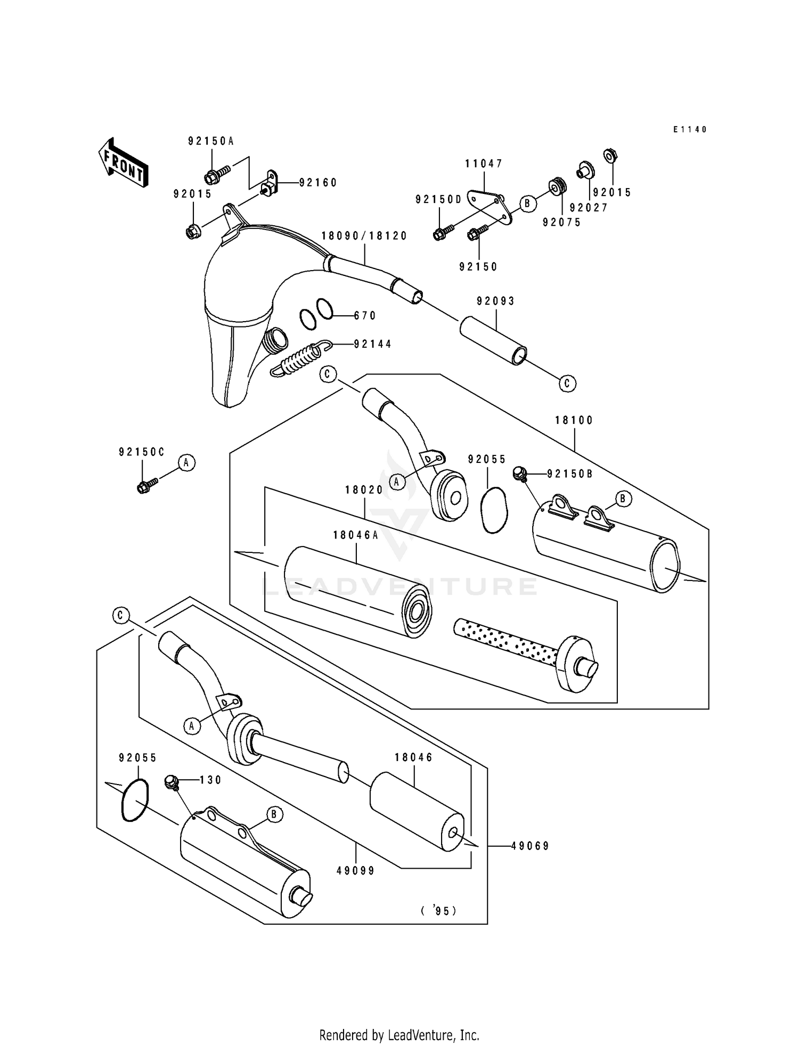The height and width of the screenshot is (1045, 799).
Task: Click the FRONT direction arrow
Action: point(122,164)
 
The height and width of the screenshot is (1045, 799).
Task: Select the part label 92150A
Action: point(211,141)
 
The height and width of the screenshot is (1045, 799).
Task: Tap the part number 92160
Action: point(318,183)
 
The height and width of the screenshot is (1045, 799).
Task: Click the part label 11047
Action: point(484,164)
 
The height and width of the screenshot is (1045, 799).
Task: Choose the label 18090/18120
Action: point(364,236)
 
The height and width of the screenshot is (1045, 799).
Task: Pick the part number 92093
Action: point(496,301)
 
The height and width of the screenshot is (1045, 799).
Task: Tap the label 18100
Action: point(574,420)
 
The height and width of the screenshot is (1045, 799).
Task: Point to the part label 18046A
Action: point(355,535)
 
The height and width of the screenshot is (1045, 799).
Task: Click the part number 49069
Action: point(530,846)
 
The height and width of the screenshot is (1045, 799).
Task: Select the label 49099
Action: point(356,871)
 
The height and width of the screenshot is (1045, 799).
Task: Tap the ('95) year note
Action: point(438,911)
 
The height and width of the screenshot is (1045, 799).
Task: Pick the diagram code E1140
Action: point(690,129)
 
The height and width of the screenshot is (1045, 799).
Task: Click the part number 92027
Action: point(589,208)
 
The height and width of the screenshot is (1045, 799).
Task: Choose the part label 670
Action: point(365,316)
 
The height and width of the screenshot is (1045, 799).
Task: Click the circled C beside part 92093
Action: point(567,383)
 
